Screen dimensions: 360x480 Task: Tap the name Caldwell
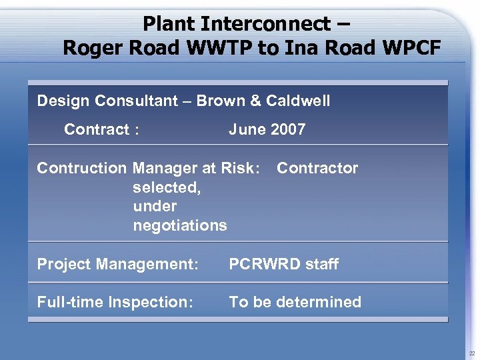coord(298,101)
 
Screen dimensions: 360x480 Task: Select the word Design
coord(63,101)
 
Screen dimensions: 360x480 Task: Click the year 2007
coord(287,129)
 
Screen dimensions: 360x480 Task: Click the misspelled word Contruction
coord(82,168)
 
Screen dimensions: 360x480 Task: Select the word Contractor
coord(317,168)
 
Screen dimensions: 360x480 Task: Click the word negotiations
coord(180,225)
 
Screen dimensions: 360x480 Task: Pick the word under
coord(155,206)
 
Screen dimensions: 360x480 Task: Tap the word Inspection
coord(151,302)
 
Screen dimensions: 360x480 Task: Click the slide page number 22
coord(471,353)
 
